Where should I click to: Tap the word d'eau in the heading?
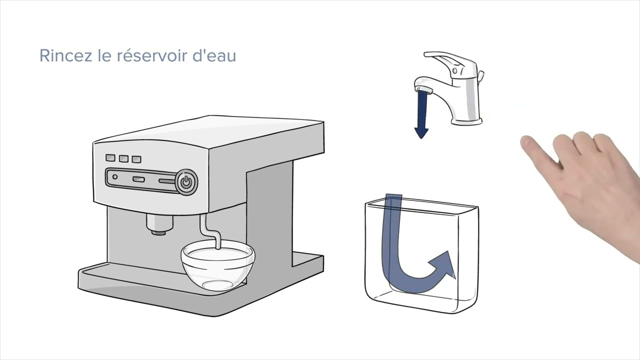pyautogui.click(x=214, y=55)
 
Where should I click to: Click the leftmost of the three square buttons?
pyautogui.click(x=110, y=157)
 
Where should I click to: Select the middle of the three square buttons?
pyautogui.click(x=123, y=158)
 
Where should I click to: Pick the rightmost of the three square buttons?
pyautogui.click(x=136, y=159)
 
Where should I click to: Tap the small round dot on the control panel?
pyautogui.click(x=115, y=177)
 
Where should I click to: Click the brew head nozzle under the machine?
pyautogui.click(x=159, y=224)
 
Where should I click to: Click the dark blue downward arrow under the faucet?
pyautogui.click(x=421, y=114)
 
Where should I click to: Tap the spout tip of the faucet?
pyautogui.click(x=423, y=90)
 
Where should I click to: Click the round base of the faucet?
pyautogui.click(x=466, y=121)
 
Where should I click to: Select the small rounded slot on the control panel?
pyautogui.click(x=138, y=179)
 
